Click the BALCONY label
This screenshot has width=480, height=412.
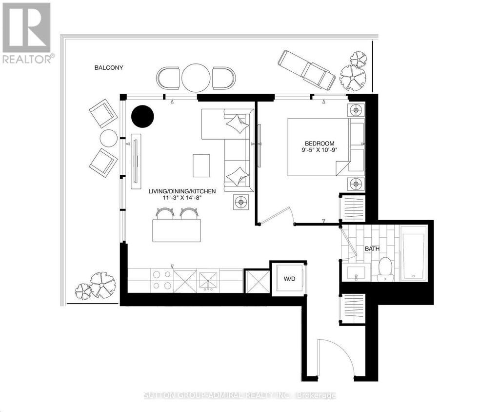coord(109,68)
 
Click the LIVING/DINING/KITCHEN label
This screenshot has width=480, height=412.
coord(182,192)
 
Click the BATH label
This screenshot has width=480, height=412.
coord(372,249)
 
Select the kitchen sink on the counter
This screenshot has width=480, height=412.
coord(209,281)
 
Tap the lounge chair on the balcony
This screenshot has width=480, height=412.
coord(306,70)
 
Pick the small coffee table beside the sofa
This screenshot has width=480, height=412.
coord(201,165)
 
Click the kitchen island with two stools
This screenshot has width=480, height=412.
coord(177,230)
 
